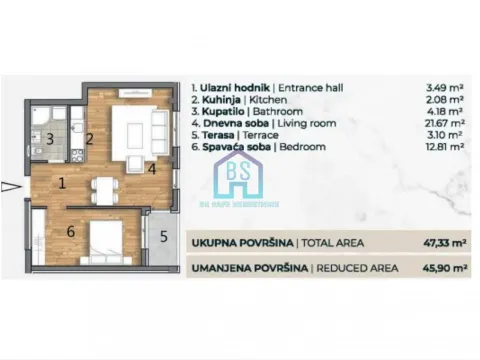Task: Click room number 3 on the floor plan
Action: pos(48,138)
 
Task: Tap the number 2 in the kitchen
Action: pos(88,138)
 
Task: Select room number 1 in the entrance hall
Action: pos(61,183)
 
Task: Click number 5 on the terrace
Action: pos(162,236)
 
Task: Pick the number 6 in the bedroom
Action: pos(71,232)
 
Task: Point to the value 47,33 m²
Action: pos(437,243)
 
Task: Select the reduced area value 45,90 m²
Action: pos(437,268)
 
